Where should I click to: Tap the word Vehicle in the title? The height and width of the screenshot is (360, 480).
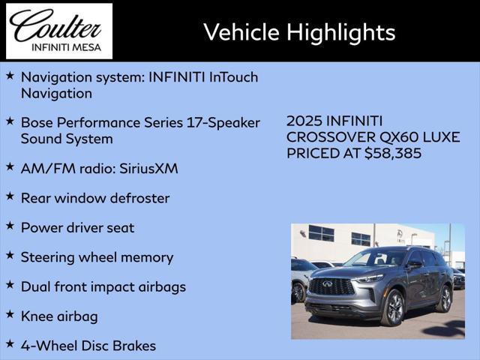click(x=241, y=31)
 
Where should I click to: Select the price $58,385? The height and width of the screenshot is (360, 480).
click(x=393, y=153)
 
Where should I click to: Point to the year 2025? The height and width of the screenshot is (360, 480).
click(x=304, y=121)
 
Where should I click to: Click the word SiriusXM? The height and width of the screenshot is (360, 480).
click(x=148, y=169)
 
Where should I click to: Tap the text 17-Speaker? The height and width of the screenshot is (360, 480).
click(x=223, y=123)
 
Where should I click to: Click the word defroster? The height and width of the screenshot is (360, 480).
click(x=139, y=198)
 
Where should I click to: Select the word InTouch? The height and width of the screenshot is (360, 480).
click(x=233, y=77)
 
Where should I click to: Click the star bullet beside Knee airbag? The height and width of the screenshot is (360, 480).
click(x=10, y=314)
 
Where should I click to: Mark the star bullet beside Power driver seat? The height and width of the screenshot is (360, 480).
click(x=10, y=226)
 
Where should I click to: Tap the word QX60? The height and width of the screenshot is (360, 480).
click(x=399, y=137)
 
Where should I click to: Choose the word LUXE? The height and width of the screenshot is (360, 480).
click(x=442, y=137)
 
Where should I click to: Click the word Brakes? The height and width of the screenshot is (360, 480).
click(x=134, y=346)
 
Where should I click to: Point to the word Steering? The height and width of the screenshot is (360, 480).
click(x=48, y=258)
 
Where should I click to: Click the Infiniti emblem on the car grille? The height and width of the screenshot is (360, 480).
click(x=327, y=283)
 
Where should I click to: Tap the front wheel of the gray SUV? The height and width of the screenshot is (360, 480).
click(x=393, y=307)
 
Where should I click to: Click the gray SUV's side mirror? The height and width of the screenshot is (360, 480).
click(x=415, y=263)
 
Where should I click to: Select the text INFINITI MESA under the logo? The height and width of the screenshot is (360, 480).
click(x=67, y=47)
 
